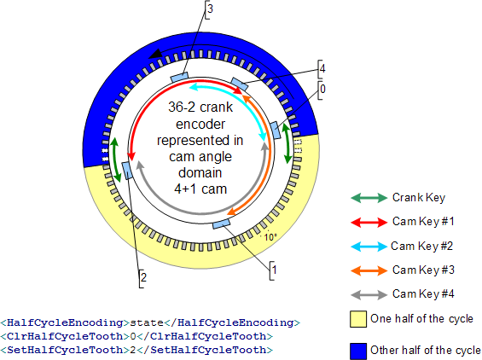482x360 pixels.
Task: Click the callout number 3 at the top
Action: (x=210, y=9)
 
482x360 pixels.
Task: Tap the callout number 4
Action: (x=322, y=68)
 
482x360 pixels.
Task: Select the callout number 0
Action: (x=322, y=90)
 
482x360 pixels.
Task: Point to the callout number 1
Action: (x=274, y=270)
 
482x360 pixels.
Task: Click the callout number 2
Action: (x=143, y=277)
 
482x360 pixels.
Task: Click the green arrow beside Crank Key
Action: (x=369, y=198)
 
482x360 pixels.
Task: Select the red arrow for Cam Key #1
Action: (x=369, y=222)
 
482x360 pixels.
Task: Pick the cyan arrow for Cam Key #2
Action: (x=369, y=247)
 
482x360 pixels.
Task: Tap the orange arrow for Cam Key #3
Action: (x=369, y=270)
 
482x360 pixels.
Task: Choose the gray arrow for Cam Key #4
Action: (x=369, y=295)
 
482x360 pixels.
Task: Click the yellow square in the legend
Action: (x=358, y=319)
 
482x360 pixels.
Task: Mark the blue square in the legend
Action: (x=358, y=351)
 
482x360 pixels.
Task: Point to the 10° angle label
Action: (x=270, y=237)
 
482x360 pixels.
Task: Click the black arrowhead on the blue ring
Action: (x=155, y=54)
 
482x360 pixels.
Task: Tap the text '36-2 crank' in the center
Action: (x=200, y=107)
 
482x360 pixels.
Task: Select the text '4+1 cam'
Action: (x=200, y=189)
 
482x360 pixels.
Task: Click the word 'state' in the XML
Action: (x=147, y=322)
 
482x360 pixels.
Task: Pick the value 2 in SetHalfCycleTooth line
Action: (x=133, y=350)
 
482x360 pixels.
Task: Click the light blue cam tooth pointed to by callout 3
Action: (x=179, y=77)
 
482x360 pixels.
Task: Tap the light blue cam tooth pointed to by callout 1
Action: (x=221, y=224)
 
